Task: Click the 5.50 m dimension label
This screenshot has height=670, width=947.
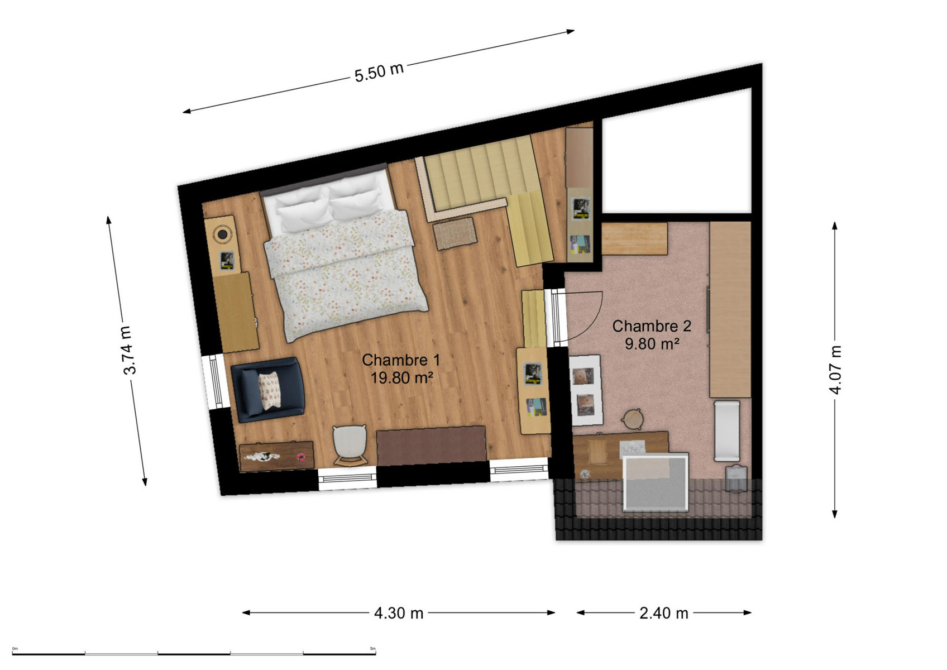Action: [x=379, y=71]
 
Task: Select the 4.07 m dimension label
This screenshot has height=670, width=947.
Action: [x=835, y=370]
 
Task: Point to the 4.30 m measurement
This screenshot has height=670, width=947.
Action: [x=399, y=613]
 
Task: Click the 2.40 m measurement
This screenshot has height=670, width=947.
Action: [x=664, y=613]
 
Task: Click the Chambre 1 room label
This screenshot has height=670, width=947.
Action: [x=401, y=360]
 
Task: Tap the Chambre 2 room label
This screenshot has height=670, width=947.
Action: [x=652, y=326]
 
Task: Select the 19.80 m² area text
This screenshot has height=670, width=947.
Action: [x=401, y=377]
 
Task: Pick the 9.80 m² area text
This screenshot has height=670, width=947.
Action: [x=652, y=344]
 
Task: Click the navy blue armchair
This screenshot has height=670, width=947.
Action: [x=268, y=389]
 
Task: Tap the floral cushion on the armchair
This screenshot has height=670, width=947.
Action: [x=269, y=390]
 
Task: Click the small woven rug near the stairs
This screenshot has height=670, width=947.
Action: [x=455, y=234]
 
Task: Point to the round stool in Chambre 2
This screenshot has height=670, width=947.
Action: [x=633, y=419]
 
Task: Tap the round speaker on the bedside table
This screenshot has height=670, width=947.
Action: [x=222, y=234]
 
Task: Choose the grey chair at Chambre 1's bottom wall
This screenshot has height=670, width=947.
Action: [x=350, y=446]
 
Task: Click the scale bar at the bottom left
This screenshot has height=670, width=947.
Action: [x=194, y=653]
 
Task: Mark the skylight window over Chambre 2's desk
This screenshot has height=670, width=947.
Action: [x=656, y=482]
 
